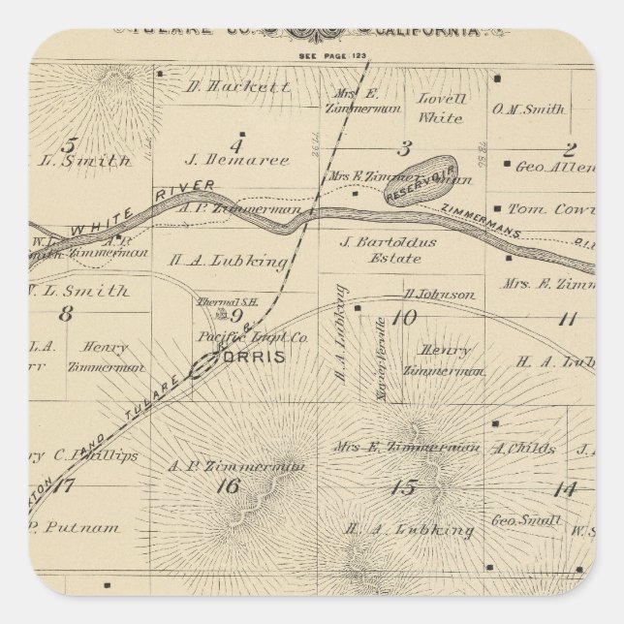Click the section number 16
228,485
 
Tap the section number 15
402,486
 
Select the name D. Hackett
236,86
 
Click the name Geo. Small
528,521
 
